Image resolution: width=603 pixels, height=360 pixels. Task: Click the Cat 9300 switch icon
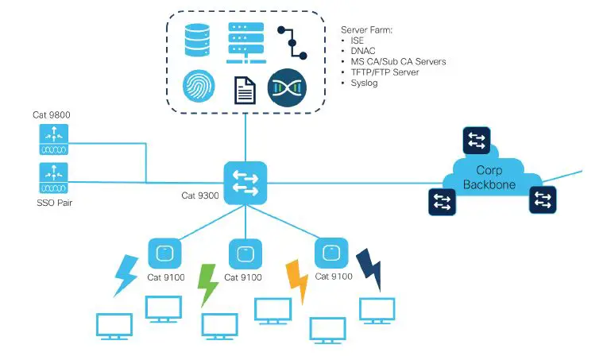[x=245, y=182]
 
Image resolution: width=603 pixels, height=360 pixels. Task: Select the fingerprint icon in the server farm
[x=199, y=87]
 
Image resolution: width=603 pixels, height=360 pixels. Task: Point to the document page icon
[x=244, y=90]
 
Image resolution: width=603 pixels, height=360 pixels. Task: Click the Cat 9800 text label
[x=52, y=114]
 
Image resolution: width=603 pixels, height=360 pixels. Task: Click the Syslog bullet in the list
[x=364, y=83]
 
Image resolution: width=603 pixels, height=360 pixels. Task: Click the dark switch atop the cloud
[x=477, y=141]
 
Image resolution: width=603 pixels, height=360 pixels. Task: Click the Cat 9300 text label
[x=201, y=195]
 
